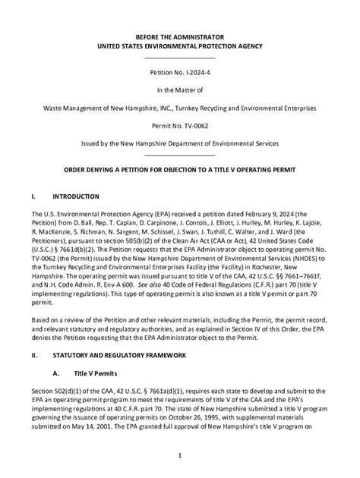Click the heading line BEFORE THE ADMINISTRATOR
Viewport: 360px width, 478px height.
[180, 36]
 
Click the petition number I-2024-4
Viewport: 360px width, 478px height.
[197, 74]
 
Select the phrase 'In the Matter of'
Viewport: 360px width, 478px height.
[180, 92]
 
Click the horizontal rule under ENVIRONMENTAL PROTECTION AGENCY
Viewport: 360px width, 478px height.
[180, 58]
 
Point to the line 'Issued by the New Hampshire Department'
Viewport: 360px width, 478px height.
[180, 143]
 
